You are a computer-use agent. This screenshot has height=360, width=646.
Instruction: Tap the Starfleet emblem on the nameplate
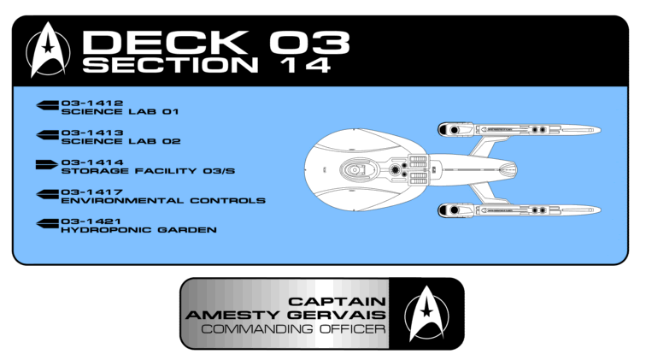[424, 311]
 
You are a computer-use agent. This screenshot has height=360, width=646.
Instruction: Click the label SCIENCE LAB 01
[120, 111]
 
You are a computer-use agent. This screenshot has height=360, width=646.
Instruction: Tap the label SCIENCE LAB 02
[120, 141]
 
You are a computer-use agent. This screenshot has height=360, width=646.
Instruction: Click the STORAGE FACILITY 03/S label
[148, 171]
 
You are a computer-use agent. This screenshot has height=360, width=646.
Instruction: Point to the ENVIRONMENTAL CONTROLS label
[162, 200]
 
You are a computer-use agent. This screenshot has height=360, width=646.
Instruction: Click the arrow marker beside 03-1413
[45, 134]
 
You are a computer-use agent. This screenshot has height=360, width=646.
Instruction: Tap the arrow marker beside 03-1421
[45, 223]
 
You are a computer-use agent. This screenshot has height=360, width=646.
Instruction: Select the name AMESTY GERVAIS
[286, 315]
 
